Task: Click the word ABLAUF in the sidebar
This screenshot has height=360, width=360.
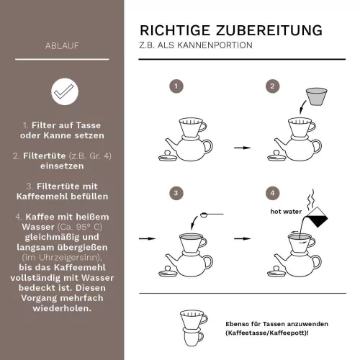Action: point(62,48)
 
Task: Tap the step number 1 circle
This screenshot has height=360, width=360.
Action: point(174,86)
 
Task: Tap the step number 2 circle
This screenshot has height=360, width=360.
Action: point(271,86)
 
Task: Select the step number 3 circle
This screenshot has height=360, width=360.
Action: point(174,193)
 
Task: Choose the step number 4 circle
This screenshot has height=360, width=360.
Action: point(271,193)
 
